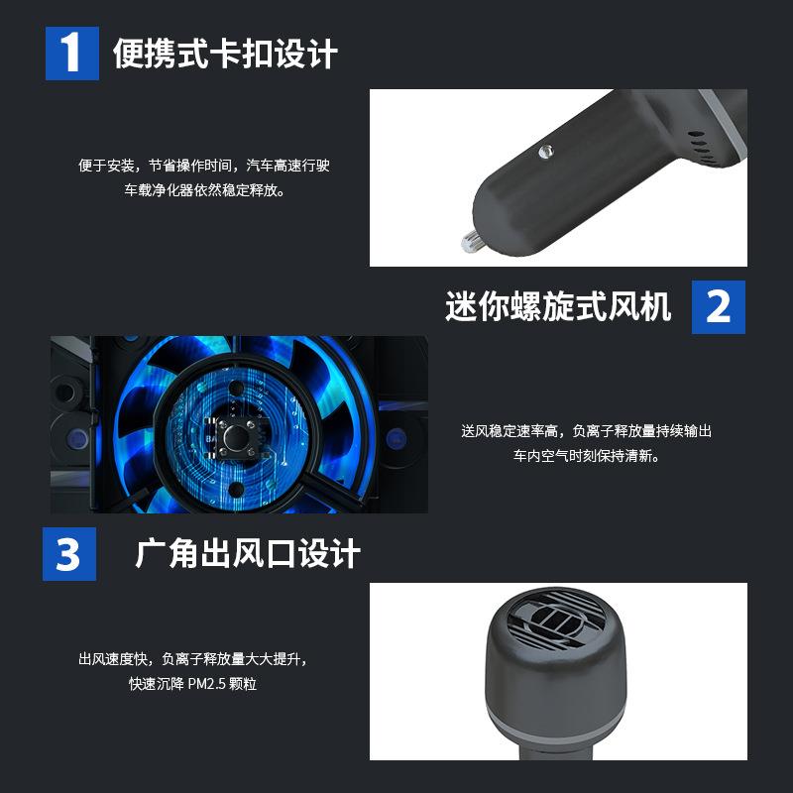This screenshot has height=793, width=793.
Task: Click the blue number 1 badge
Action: [71, 53]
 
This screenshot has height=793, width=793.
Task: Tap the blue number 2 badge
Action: [718, 306]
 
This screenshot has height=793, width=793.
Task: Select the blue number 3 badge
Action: [68, 554]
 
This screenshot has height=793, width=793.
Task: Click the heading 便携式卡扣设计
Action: [225, 54]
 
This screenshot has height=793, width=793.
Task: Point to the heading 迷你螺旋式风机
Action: [558, 306]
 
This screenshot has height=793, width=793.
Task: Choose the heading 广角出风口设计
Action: [247, 554]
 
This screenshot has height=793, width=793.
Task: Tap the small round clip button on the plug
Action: [543, 151]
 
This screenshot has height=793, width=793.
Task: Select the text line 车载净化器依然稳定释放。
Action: [204, 189]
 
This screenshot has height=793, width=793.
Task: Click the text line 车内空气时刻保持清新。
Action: [587, 456]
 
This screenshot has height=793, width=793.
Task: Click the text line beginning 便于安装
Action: [204, 166]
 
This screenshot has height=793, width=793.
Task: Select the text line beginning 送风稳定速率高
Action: [587, 431]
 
